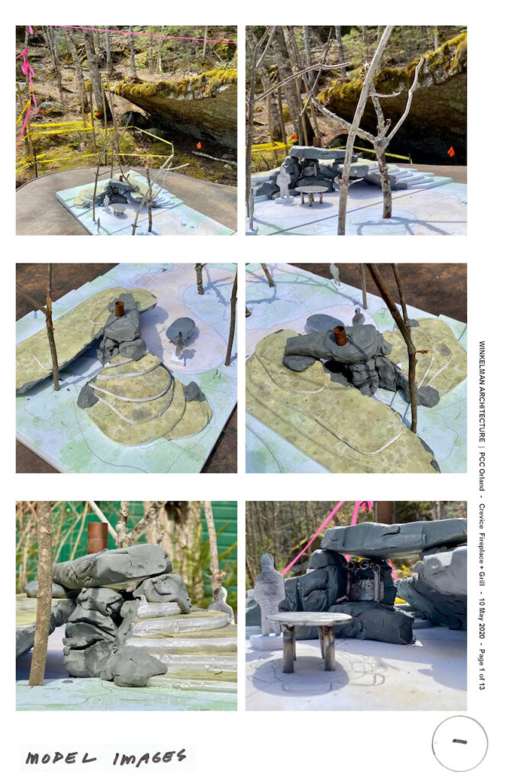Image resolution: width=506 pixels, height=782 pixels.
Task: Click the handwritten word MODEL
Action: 61,758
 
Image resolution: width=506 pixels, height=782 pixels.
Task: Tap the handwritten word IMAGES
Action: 150,758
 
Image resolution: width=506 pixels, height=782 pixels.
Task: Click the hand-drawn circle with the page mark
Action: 459,743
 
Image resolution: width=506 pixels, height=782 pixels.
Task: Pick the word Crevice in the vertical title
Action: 482,515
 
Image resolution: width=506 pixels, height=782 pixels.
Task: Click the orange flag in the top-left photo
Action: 198,145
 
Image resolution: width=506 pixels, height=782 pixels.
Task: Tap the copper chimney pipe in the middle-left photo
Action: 119,309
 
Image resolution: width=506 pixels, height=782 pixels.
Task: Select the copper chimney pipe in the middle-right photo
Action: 340,335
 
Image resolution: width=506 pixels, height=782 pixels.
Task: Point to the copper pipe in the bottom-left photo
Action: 98,538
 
